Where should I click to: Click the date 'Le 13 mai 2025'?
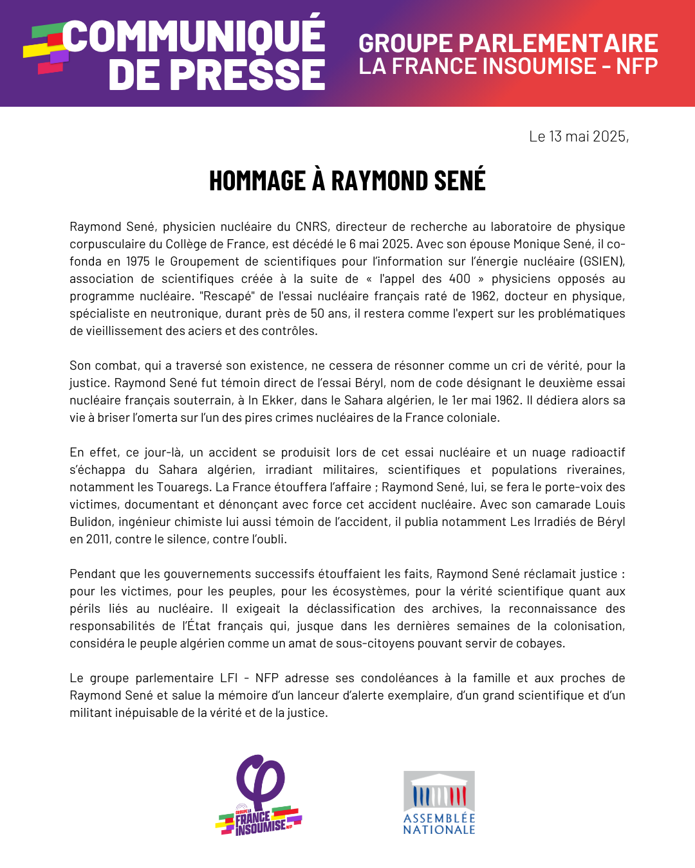tap(578, 136)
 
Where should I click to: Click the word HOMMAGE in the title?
tap(257, 181)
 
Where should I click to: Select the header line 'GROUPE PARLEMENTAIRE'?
tap(508, 43)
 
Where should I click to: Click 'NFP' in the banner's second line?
tap(636, 66)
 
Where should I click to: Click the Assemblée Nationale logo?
tap(439, 802)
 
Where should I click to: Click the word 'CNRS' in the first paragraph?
tap(311, 227)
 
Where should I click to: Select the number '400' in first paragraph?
tap(459, 279)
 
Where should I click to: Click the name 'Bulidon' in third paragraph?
tap(90, 522)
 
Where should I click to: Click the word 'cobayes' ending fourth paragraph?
tap(542, 644)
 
